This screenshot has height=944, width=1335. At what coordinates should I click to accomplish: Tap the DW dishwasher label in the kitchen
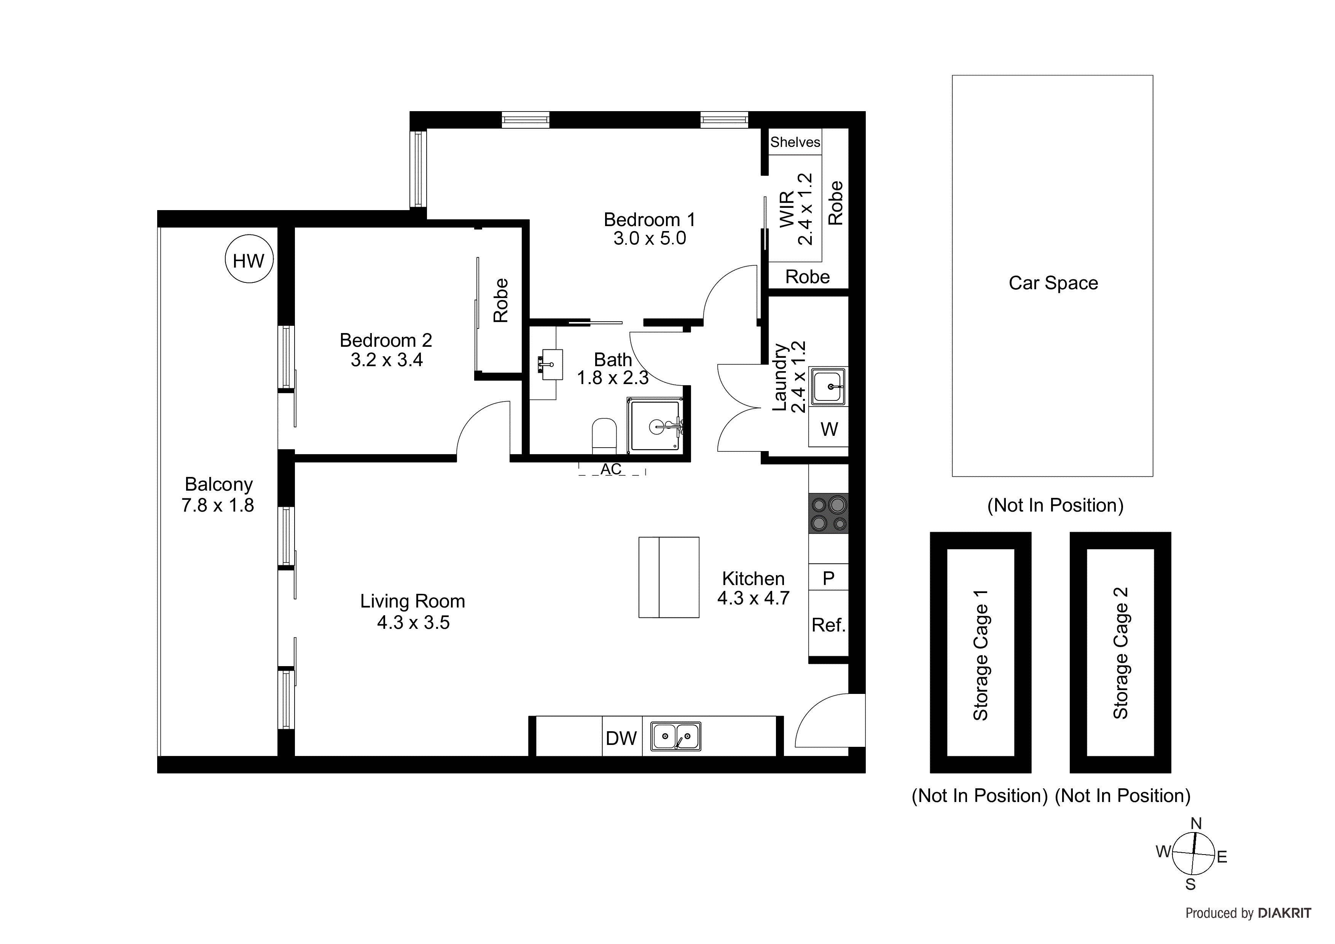621,738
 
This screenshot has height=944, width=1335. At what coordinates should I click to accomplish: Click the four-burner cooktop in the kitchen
828,513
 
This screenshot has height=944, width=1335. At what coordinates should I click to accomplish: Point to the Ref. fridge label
828,625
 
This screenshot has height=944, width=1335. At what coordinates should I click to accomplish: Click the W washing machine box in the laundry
828,429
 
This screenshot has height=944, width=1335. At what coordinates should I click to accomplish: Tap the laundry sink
828,386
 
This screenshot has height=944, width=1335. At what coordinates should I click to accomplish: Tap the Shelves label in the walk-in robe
795,142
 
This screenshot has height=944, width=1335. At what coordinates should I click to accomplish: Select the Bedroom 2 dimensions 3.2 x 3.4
386,360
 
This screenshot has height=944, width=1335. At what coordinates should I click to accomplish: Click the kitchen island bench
669,577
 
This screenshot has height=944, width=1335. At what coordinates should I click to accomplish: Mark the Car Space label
1053,283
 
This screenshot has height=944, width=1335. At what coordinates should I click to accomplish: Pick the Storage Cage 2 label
1120,652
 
